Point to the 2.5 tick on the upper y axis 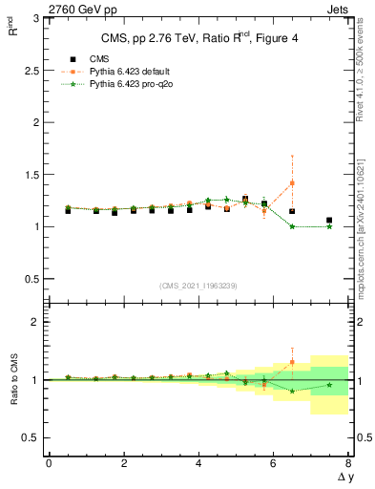click(30, 71)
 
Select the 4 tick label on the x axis click(198, 463)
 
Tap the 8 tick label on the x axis click(348, 463)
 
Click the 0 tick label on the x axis click(49, 463)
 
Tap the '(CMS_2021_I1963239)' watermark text click(198, 286)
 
